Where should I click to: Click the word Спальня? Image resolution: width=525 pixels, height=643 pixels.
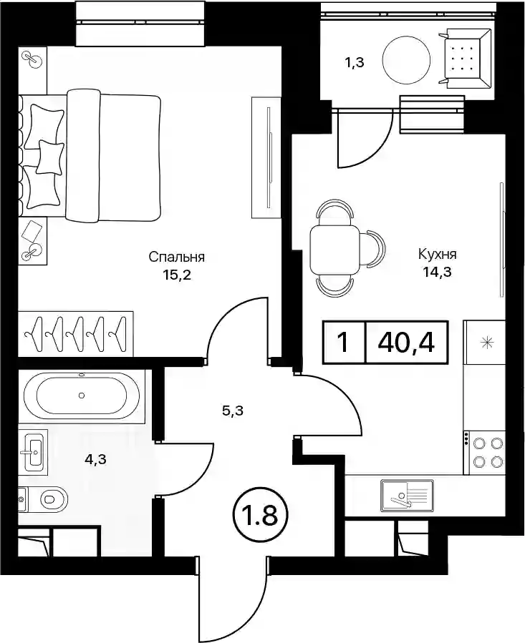click(x=176, y=257)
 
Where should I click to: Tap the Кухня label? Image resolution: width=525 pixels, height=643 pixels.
click(x=437, y=254)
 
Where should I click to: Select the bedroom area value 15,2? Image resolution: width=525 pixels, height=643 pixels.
click(x=177, y=275)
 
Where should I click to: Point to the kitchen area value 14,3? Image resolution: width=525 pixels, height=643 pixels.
click(x=438, y=272)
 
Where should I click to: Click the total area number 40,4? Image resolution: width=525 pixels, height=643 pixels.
click(x=406, y=343)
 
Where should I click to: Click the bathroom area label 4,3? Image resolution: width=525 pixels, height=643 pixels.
click(x=95, y=460)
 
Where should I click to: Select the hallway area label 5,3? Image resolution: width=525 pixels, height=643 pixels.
click(x=233, y=411)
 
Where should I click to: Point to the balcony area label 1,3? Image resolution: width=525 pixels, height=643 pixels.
click(x=353, y=63)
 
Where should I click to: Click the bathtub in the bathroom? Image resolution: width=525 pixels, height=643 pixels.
click(x=82, y=396)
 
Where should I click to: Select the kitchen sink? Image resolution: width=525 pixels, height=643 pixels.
click(x=407, y=496)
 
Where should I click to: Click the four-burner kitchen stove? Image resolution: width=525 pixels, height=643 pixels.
click(x=484, y=453)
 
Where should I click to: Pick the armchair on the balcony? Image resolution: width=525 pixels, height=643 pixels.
click(x=467, y=59)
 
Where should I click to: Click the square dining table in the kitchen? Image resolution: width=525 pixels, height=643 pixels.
click(x=334, y=250)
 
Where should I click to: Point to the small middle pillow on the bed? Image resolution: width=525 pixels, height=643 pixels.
click(x=50, y=156)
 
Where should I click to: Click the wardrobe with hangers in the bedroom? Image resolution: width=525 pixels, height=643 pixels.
click(x=76, y=333)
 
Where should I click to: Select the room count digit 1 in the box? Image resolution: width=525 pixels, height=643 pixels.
click(x=343, y=343)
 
